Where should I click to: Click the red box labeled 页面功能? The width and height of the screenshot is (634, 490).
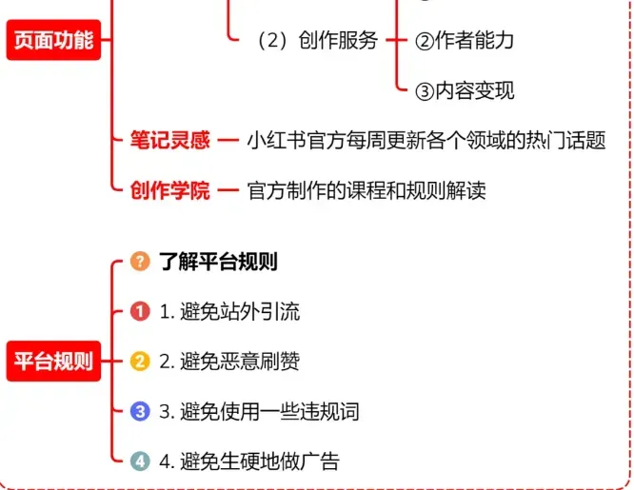click(52, 40)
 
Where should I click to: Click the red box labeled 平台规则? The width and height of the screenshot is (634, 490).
click(52, 361)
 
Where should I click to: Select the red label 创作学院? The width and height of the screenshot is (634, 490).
click(169, 190)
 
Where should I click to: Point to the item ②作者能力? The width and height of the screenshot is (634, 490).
click(466, 40)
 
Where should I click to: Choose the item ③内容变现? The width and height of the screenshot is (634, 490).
click(466, 90)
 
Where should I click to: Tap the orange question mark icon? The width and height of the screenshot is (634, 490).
click(140, 261)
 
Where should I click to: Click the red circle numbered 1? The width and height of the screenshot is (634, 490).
click(140, 311)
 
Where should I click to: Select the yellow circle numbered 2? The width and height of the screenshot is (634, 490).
click(140, 362)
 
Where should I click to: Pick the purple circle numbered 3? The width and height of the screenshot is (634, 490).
click(140, 411)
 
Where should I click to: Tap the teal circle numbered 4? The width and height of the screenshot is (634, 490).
click(140, 461)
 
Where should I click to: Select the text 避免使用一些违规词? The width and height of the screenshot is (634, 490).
click(258, 411)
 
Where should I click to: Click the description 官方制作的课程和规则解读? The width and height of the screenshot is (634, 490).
click(367, 190)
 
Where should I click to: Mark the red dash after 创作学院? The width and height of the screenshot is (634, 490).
click(228, 190)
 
